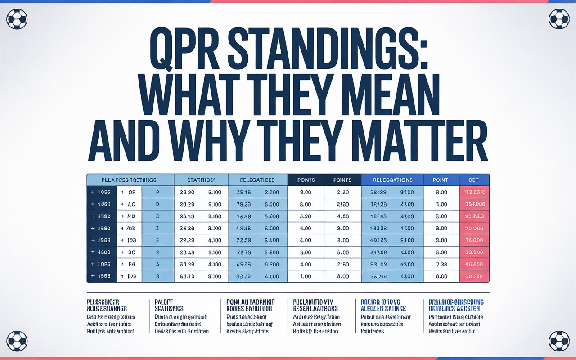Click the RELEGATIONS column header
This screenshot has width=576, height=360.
392,180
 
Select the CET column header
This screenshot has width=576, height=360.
473,180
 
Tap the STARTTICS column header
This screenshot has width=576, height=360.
201,180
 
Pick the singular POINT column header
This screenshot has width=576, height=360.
441,180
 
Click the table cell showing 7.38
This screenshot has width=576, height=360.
441,264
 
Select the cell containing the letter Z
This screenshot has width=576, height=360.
157,229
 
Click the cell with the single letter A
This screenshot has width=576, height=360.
157,264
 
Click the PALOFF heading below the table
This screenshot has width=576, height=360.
165,302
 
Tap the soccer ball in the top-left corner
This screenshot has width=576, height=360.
17,19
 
